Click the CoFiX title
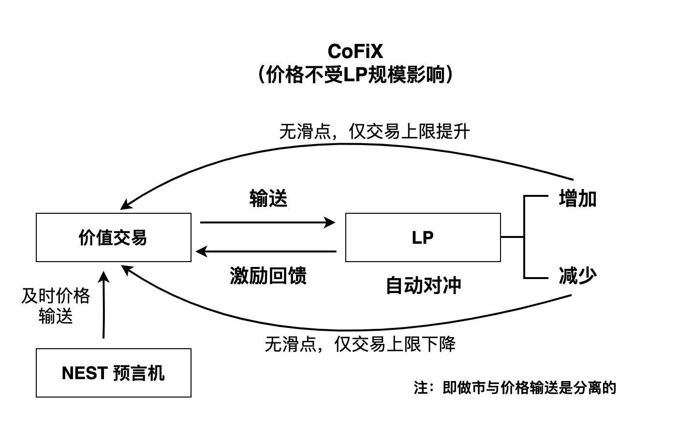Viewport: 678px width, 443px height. point(355,51)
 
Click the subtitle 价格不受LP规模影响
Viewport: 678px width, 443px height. point(355,74)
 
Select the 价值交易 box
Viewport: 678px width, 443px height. point(114,237)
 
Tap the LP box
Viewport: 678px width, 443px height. point(423,237)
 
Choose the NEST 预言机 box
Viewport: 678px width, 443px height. point(114,373)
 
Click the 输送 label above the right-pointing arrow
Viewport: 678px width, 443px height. point(268,199)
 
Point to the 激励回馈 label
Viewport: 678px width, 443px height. point(268,276)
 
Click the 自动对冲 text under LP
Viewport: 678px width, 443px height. point(423,285)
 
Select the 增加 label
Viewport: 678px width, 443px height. point(577,199)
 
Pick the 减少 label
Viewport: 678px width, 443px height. point(577,276)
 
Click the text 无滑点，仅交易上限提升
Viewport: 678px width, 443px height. point(374,132)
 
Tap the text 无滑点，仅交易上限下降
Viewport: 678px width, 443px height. point(360,344)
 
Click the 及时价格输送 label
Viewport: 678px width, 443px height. point(56,306)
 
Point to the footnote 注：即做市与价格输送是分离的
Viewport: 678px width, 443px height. point(515,387)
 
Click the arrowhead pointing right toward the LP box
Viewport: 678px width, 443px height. point(331,222)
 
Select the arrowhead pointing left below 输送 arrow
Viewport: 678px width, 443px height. point(201,251)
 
